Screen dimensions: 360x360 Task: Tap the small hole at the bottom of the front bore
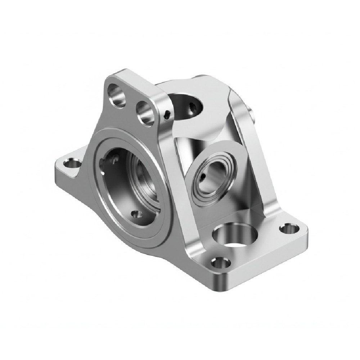point(135,214)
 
